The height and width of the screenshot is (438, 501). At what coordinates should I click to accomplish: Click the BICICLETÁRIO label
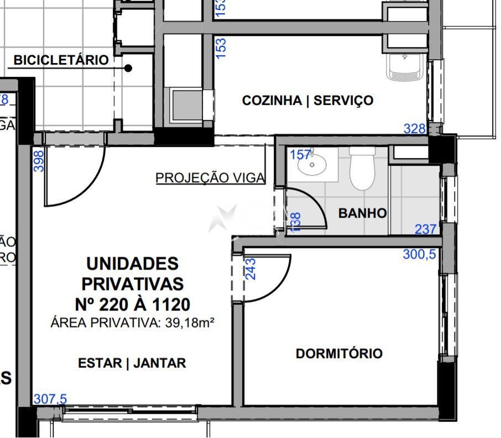61,60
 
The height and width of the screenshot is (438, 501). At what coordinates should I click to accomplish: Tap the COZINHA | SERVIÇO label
307,101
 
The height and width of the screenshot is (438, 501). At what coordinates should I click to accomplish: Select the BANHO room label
362,213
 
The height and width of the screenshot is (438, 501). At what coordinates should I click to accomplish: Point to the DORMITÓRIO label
339,353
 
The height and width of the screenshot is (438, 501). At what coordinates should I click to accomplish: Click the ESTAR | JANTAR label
132,363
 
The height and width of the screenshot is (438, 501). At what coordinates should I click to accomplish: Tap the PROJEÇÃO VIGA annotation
210,178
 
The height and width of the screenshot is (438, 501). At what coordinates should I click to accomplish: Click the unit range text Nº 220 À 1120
132,304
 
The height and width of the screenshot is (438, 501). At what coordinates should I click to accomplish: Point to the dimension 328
415,129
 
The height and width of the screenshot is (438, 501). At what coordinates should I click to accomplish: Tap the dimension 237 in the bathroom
425,229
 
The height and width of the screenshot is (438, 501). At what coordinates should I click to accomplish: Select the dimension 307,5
50,399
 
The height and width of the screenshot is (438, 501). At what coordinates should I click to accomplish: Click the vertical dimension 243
251,268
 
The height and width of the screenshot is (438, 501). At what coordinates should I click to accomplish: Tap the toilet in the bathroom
362,168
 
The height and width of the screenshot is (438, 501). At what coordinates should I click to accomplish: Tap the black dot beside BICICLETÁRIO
128,68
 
